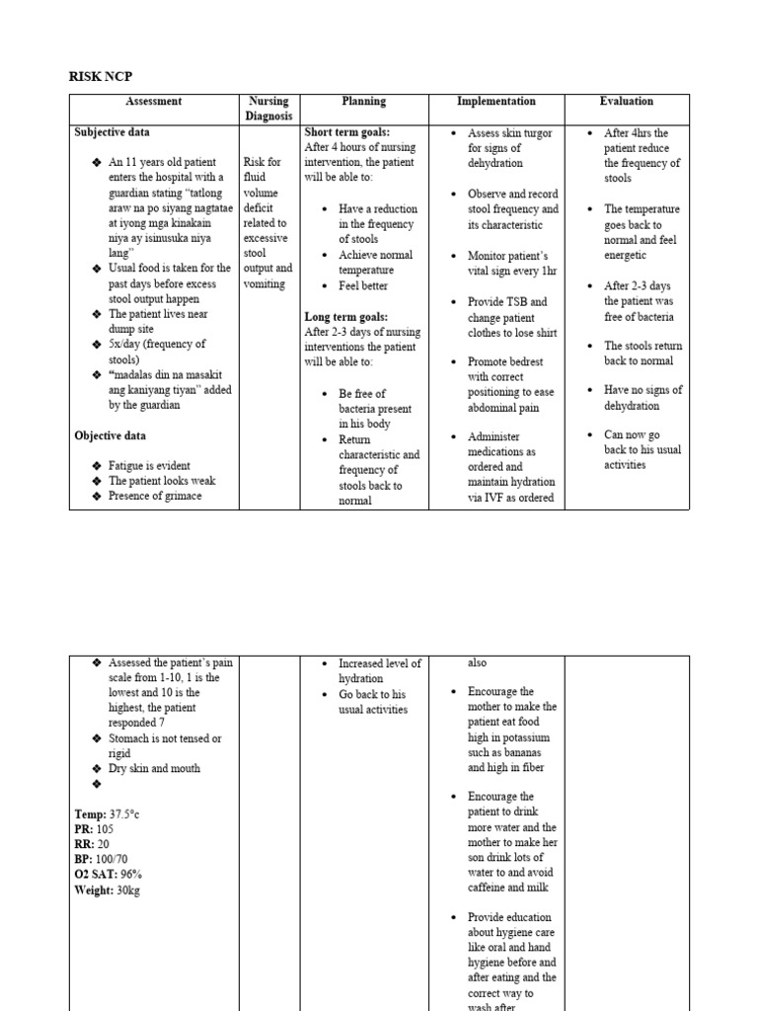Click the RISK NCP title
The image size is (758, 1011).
tap(102, 75)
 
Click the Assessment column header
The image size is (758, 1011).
tap(153, 102)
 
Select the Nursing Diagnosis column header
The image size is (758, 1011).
tap(267, 109)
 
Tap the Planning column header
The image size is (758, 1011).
tap(363, 102)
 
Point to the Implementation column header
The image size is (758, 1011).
tap(495, 102)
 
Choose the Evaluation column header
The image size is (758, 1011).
tap(626, 102)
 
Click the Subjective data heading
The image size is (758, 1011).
tap(113, 132)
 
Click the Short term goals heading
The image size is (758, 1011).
tap(347, 132)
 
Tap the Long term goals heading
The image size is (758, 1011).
tap(345, 317)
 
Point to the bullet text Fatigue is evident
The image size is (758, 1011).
tap(149, 466)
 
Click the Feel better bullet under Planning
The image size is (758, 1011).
tap(363, 286)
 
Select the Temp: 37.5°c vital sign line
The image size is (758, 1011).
tap(108, 814)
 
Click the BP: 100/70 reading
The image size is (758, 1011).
tap(101, 860)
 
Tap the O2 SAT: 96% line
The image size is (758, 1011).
tap(109, 875)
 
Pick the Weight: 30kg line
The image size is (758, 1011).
tap(109, 891)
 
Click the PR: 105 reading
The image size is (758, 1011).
tap(95, 829)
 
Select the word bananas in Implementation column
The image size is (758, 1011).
tap(527, 753)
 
